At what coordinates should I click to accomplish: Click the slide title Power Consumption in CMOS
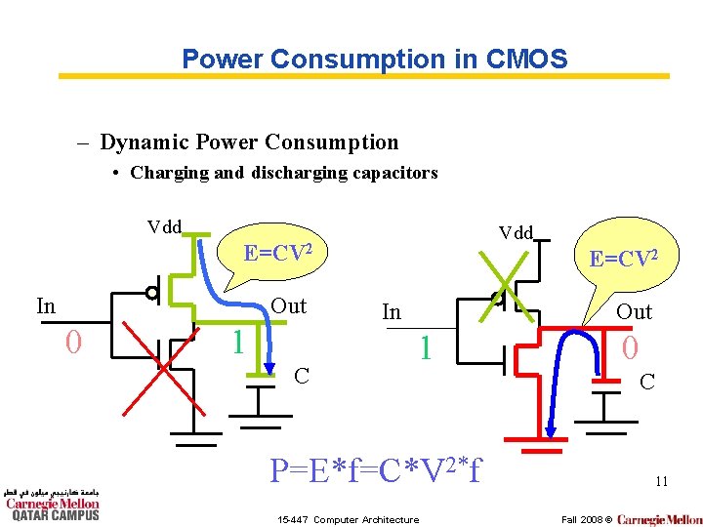tap(374, 59)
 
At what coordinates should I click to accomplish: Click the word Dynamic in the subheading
tap(145, 142)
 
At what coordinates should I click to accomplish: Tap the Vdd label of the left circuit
tap(164, 227)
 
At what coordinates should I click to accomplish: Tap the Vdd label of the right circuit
tap(516, 232)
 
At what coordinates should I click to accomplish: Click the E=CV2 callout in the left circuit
tap(278, 254)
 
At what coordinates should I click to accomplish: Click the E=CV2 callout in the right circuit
tap(623, 259)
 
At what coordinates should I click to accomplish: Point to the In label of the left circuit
tap(46, 305)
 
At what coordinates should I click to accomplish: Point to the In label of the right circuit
tap(391, 312)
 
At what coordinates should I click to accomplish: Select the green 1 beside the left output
tap(235, 342)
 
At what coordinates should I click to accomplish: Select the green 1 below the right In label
tap(424, 347)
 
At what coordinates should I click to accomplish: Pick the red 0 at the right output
tap(630, 347)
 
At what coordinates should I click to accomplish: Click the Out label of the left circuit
tap(288, 305)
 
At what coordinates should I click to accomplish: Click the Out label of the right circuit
tap(634, 312)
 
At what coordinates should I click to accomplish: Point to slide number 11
tap(661, 480)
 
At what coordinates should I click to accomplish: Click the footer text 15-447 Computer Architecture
tap(349, 519)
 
